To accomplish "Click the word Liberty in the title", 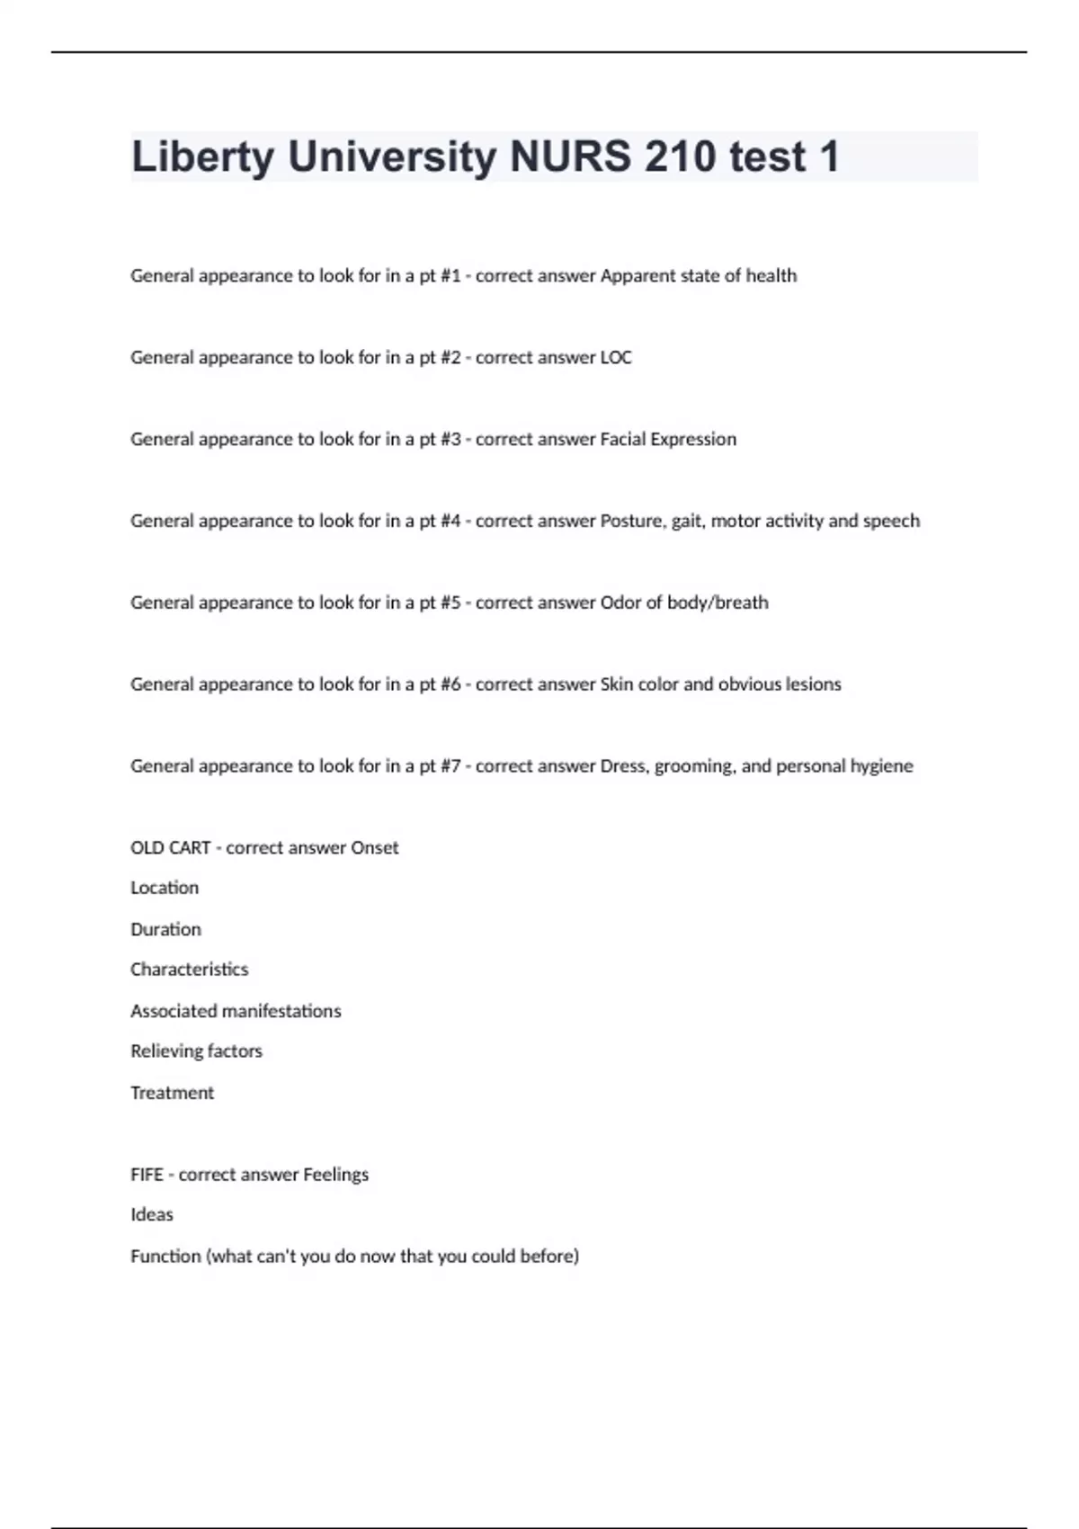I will (x=202, y=157).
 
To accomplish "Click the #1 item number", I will (x=450, y=276).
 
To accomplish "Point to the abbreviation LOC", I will (x=616, y=358).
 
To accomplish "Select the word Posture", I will (x=629, y=522).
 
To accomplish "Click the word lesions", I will (x=813, y=684).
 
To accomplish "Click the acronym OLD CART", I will (x=171, y=848).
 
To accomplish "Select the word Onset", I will (x=375, y=848).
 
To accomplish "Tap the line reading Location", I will (x=165, y=888).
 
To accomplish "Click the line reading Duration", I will (x=165, y=929).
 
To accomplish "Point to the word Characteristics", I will (x=189, y=970).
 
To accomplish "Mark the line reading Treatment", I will (x=172, y=1093).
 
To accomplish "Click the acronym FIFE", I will (x=147, y=1175).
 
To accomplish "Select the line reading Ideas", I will (x=152, y=1215).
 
